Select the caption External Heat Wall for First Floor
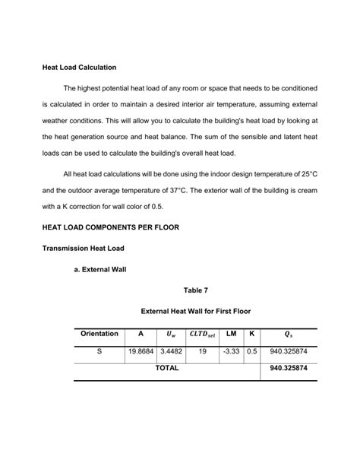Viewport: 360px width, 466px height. (x=195, y=311)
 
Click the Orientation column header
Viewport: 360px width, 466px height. (x=99, y=334)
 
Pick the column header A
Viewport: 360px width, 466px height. (x=141, y=334)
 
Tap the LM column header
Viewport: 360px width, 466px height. (x=231, y=334)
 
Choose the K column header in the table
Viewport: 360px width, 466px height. (x=251, y=334)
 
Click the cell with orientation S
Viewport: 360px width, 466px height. (x=99, y=352)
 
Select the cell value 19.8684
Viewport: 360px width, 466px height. (x=141, y=352)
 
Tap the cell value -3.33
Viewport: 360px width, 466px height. (x=231, y=352)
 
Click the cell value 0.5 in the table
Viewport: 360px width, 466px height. (x=251, y=352)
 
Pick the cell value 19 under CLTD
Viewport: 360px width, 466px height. (x=202, y=352)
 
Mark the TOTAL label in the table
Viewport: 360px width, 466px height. (x=167, y=368)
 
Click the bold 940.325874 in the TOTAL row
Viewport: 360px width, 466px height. (x=289, y=368)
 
